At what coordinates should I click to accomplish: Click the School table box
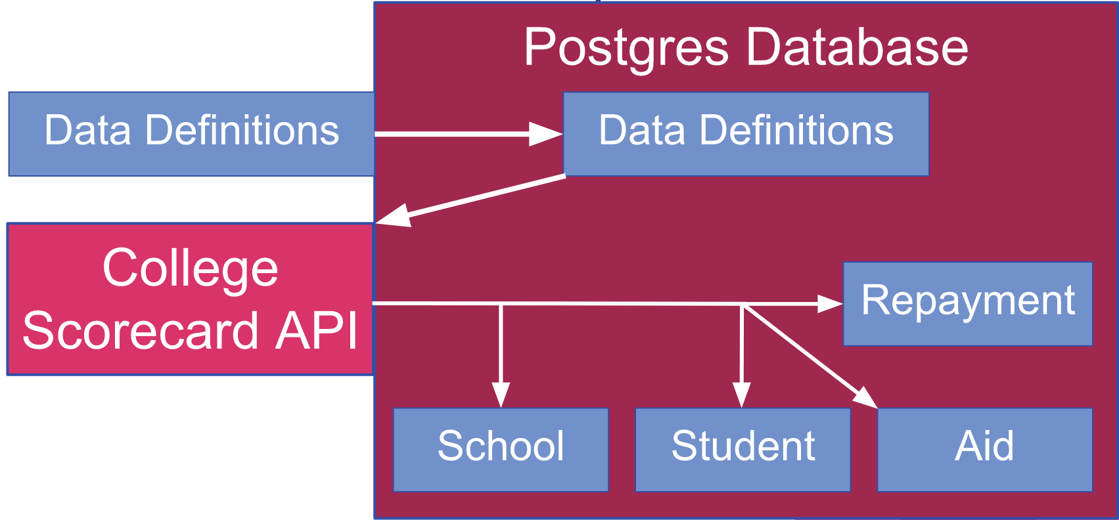click(x=501, y=450)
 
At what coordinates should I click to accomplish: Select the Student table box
click(x=743, y=450)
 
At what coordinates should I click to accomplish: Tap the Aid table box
click(x=985, y=450)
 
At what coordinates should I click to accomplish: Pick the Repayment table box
click(x=968, y=304)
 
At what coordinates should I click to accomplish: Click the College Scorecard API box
click(x=191, y=299)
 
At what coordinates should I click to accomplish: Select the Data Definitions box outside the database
click(x=191, y=134)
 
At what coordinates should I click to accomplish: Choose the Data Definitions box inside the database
click(x=746, y=134)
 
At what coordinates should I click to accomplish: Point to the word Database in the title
click(x=857, y=47)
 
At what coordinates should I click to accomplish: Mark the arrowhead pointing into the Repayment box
click(x=831, y=303)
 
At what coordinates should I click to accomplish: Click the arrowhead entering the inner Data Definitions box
click(x=546, y=134)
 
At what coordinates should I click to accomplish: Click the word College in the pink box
click(x=191, y=269)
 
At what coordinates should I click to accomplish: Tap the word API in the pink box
click(x=316, y=330)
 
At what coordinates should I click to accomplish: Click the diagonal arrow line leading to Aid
click(x=810, y=356)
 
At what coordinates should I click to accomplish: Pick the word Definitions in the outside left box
click(x=242, y=129)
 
